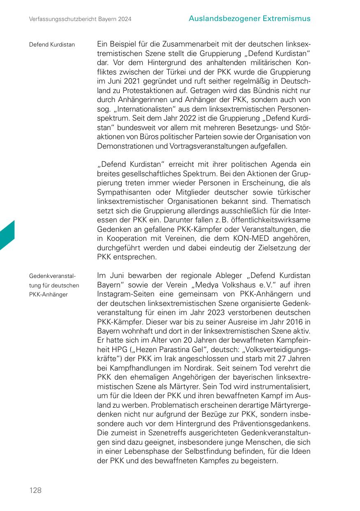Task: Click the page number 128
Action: [35, 490]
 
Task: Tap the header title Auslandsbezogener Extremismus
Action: [250, 19]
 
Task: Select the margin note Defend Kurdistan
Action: [52, 44]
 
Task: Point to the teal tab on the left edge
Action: [7, 236]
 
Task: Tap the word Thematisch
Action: [293, 201]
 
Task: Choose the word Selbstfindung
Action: [216, 451]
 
